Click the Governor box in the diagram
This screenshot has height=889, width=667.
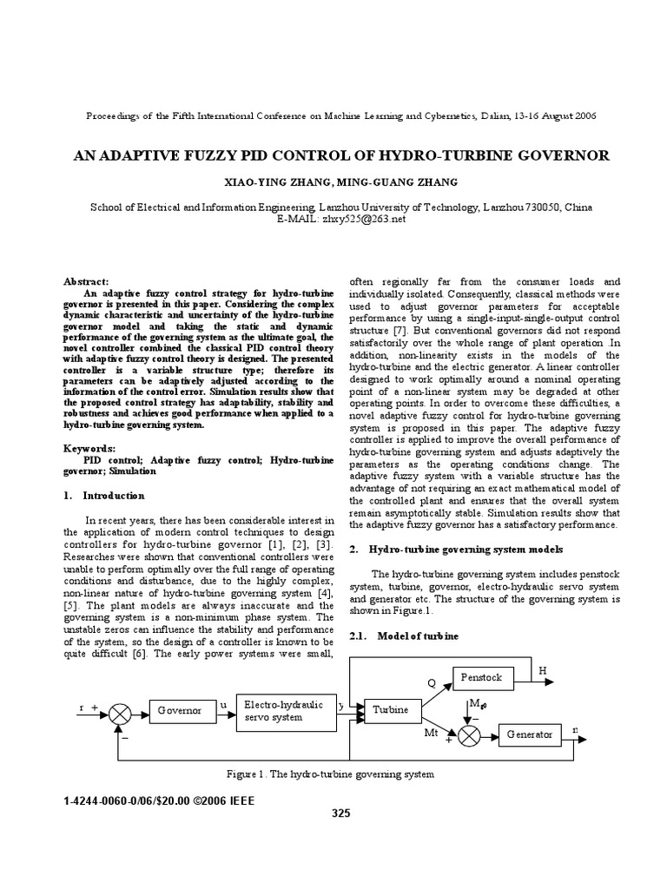(x=179, y=710)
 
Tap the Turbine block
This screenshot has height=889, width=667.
(x=390, y=710)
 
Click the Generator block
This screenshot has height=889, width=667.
(x=529, y=734)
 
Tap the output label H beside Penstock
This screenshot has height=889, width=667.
(x=543, y=670)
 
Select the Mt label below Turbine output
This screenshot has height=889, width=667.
(x=431, y=734)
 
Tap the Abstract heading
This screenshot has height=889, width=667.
(x=86, y=281)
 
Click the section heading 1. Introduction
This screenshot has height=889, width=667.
(x=103, y=496)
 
